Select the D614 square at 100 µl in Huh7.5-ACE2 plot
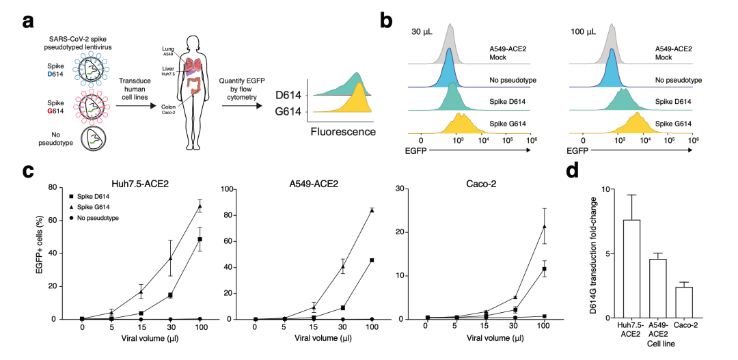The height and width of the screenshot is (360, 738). pyautogui.click(x=200, y=239)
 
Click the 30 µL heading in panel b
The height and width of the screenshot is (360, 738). pyautogui.click(x=424, y=32)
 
